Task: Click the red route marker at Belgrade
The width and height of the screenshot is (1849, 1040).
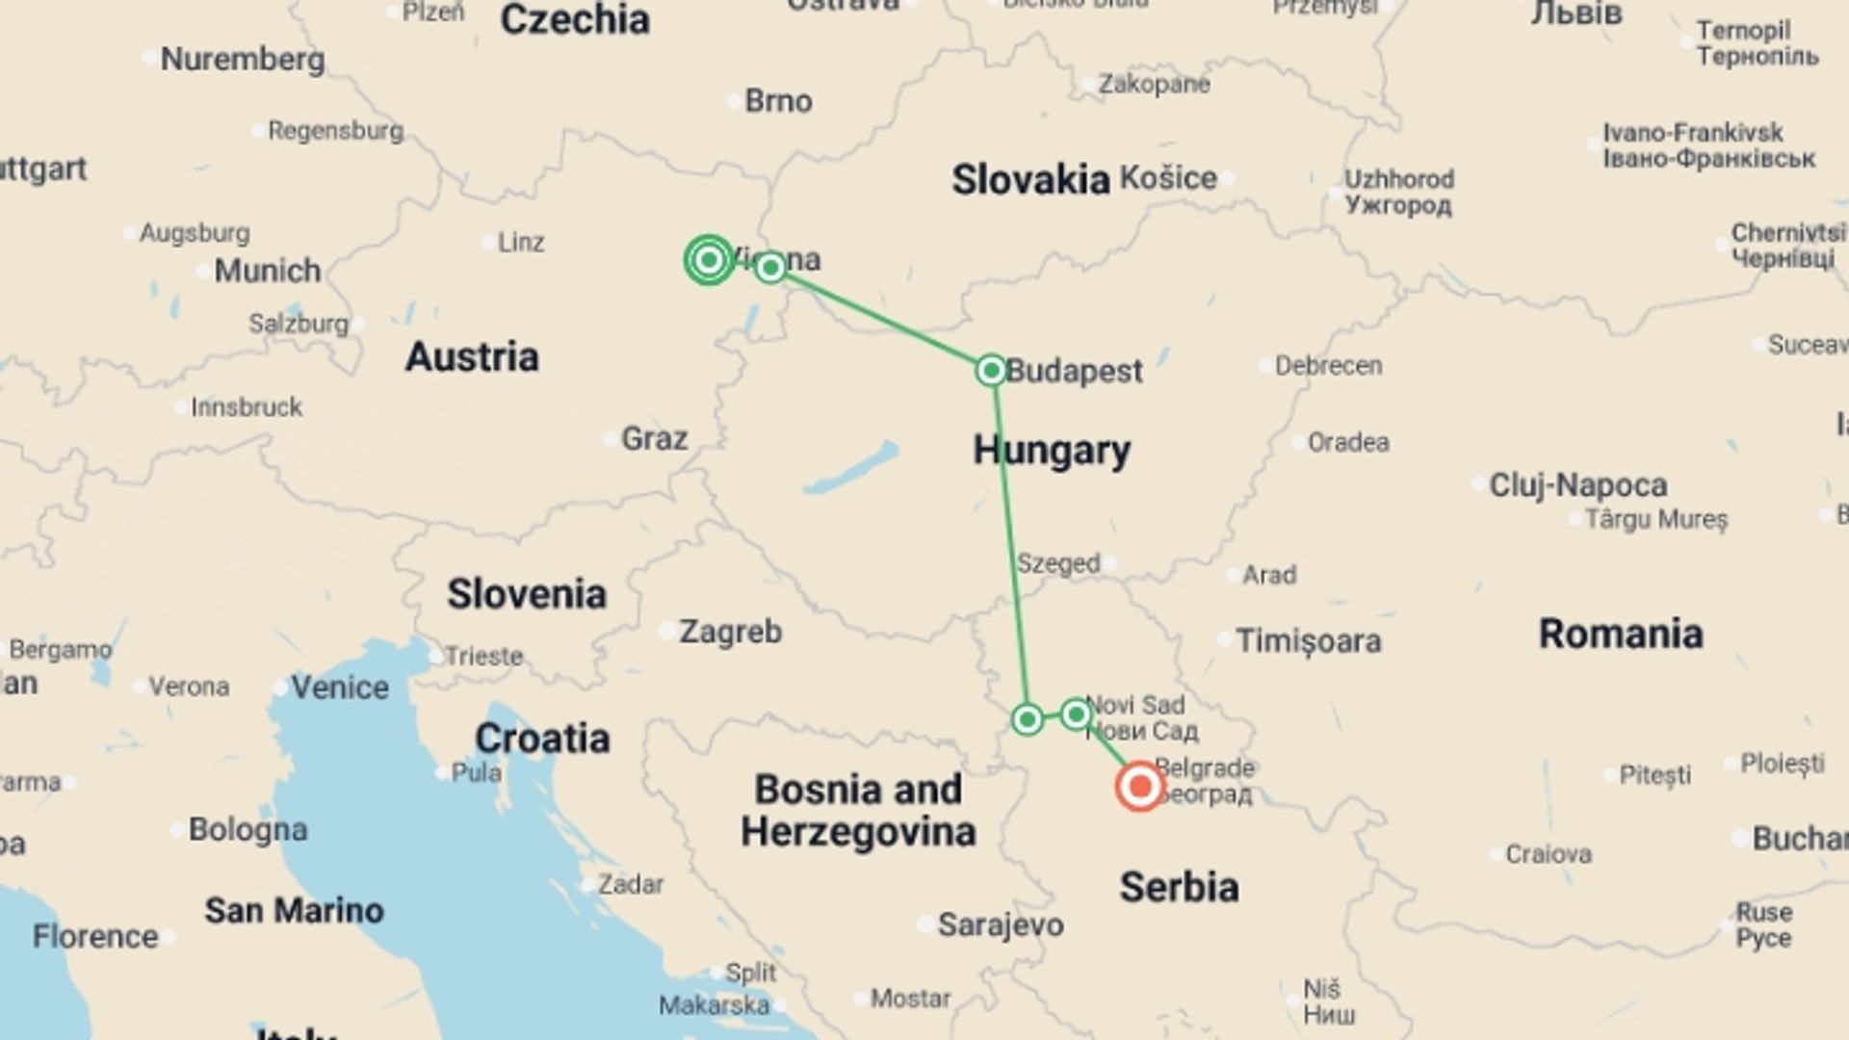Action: [1140, 787]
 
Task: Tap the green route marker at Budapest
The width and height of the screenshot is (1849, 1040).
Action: [991, 370]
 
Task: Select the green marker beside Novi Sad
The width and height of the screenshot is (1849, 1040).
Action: [1076, 715]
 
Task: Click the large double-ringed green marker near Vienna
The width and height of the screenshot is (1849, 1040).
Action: [709, 260]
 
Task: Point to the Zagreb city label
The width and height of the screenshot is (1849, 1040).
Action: [730, 632]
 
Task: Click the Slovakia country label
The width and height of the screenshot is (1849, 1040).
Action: [1030, 180]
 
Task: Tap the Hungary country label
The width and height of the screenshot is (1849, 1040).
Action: [1052, 450]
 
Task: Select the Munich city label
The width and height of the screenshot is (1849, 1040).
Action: [267, 271]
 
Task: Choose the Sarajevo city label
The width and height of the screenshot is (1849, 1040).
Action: [1001, 924]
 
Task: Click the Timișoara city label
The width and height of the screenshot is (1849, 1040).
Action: [1308, 640]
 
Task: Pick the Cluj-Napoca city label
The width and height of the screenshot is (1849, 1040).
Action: [1577, 484]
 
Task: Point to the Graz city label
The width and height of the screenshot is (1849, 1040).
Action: [654, 438]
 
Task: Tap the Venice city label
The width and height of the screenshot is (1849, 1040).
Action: [340, 688]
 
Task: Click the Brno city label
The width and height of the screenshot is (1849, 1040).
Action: [778, 101]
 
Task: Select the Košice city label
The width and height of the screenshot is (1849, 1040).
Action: [1168, 178]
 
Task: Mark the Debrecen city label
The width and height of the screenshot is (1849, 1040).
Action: [1328, 366]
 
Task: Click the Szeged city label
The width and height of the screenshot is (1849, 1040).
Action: [1058, 563]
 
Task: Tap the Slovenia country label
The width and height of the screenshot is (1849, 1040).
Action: [526, 594]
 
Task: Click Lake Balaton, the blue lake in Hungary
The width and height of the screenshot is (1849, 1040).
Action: [851, 469]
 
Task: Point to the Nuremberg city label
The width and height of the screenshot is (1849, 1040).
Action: [242, 59]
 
